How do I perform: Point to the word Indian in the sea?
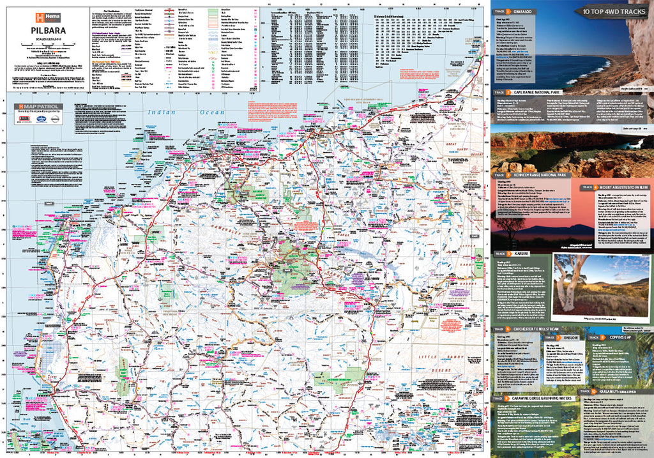coord(161,112)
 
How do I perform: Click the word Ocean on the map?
coord(211,112)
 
